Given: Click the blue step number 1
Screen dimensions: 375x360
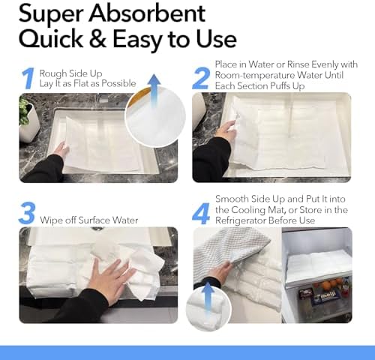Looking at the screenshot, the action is coord(28,79).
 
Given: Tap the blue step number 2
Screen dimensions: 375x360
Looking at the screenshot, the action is coord(202,79).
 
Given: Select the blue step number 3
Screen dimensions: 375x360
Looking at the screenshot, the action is coord(27,213).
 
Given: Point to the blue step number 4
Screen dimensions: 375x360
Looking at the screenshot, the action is coord(202,214).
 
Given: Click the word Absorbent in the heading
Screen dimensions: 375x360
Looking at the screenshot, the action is coord(147,13).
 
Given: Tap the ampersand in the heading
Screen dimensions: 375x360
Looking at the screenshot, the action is coord(97,39).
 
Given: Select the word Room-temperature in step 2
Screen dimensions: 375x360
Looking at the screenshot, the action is coord(254,75).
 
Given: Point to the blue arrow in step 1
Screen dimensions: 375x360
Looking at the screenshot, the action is coord(154,90).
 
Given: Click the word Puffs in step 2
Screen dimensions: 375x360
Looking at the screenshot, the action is coord(280,86).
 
